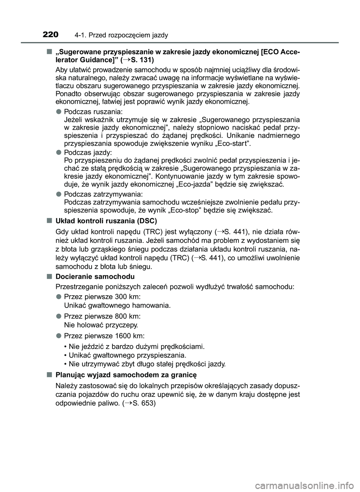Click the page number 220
coord(51,35)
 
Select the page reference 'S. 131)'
coord(142,60)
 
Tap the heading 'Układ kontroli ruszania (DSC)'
coord(106,220)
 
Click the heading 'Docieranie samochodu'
coord(95,277)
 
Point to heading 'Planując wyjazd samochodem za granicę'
coord(126,375)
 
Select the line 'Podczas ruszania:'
coord(93,112)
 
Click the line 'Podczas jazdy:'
coord(88,153)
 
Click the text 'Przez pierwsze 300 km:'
coord(102,296)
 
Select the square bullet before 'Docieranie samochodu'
coord(49,277)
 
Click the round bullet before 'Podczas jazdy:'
coord(59,153)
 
